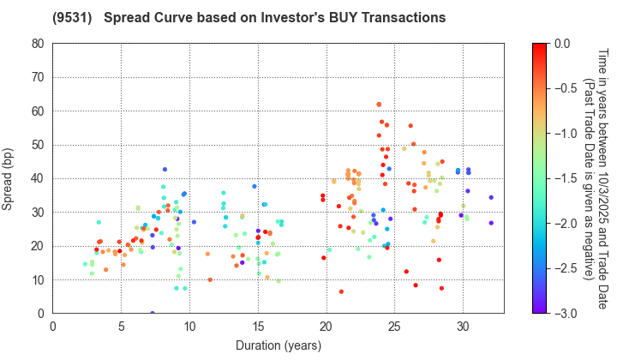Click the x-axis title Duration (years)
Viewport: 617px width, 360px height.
(279, 345)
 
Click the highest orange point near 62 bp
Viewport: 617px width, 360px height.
(379, 105)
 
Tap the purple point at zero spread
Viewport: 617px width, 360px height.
(153, 314)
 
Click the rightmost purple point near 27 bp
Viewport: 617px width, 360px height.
(491, 223)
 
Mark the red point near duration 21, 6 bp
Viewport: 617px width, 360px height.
(341, 291)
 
